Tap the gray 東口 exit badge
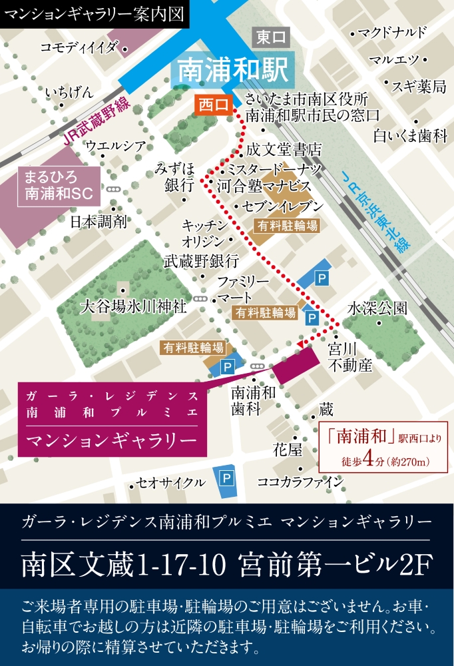coord(271,39)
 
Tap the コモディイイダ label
coord(79,47)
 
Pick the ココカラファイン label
coord(310,482)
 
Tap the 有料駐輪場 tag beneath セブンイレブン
coord(286,225)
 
